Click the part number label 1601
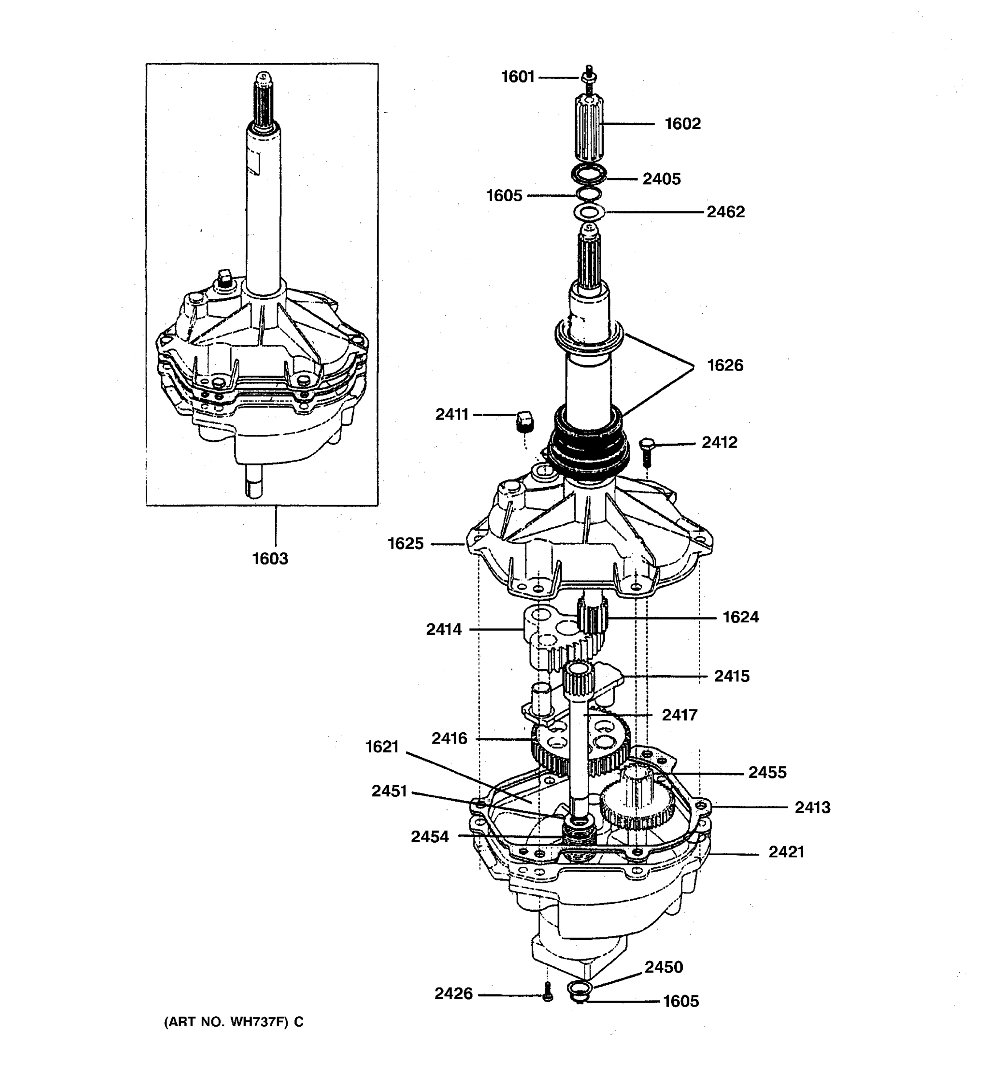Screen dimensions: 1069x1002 [517, 78]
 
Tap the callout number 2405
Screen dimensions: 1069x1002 [661, 179]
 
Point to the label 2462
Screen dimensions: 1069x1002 [725, 212]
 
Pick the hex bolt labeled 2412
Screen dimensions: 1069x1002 [647, 452]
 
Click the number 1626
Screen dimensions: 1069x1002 [725, 366]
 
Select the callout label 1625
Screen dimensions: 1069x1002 [406, 544]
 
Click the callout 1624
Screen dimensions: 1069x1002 [740, 617]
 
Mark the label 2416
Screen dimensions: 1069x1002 [449, 739]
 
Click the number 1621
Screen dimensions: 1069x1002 [382, 747]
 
